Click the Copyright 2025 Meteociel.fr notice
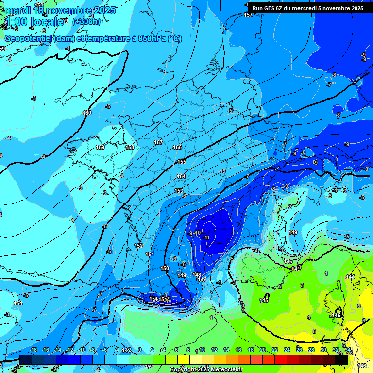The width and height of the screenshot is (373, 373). (x=206, y=370)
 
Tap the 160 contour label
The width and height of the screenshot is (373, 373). (x=87, y=113)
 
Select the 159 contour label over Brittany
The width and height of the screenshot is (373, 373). (x=100, y=147)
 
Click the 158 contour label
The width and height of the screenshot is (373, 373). (x=130, y=147)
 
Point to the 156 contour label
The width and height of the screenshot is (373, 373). (x=177, y=147)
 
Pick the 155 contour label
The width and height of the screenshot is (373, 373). (x=182, y=162)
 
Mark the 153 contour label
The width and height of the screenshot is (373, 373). (x=179, y=191)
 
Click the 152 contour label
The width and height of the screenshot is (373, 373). (x=138, y=246)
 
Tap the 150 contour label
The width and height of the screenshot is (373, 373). (x=165, y=268)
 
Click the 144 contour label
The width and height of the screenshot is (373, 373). (x=350, y=277)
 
